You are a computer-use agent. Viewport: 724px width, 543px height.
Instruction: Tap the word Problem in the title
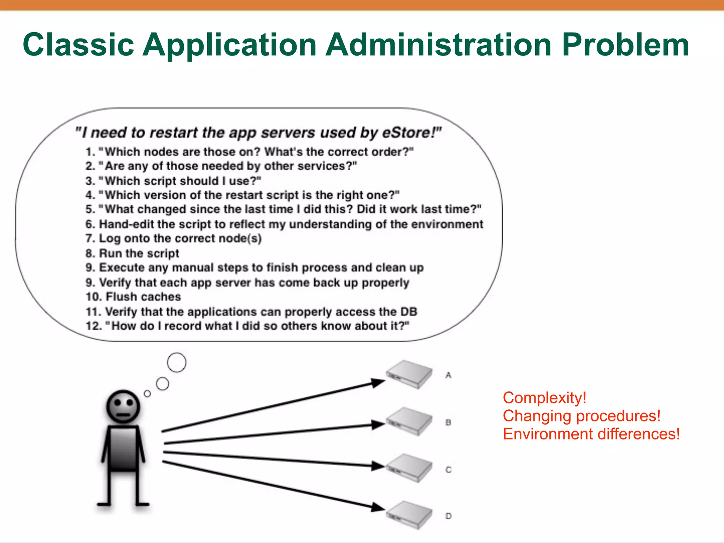(625, 45)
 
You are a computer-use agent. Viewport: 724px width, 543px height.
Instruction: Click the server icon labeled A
(409, 374)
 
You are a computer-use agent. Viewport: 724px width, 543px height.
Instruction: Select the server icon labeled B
(409, 421)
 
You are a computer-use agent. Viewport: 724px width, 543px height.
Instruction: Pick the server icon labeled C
(409, 468)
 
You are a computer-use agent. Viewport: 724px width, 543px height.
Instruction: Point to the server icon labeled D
(409, 515)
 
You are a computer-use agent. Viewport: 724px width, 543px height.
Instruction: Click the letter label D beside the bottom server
(448, 516)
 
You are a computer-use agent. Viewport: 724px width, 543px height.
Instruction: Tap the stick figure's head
(123, 407)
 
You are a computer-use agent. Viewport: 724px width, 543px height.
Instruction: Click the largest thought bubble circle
(176, 362)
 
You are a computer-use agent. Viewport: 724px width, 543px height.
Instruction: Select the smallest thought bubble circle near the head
(147, 393)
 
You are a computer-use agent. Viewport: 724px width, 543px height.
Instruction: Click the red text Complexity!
(544, 398)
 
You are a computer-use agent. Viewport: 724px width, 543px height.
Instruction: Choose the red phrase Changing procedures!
(582, 416)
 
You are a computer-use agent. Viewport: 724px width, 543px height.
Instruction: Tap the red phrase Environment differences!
(591, 434)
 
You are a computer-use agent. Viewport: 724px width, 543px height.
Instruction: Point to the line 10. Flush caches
(133, 297)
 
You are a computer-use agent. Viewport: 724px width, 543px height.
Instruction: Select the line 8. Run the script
(132, 253)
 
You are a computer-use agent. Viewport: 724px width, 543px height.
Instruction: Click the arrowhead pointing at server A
(378, 383)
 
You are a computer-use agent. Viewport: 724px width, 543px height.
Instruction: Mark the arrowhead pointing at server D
(378, 508)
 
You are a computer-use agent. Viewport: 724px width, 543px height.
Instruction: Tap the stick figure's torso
(123, 448)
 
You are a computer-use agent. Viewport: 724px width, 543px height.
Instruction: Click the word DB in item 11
(409, 311)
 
